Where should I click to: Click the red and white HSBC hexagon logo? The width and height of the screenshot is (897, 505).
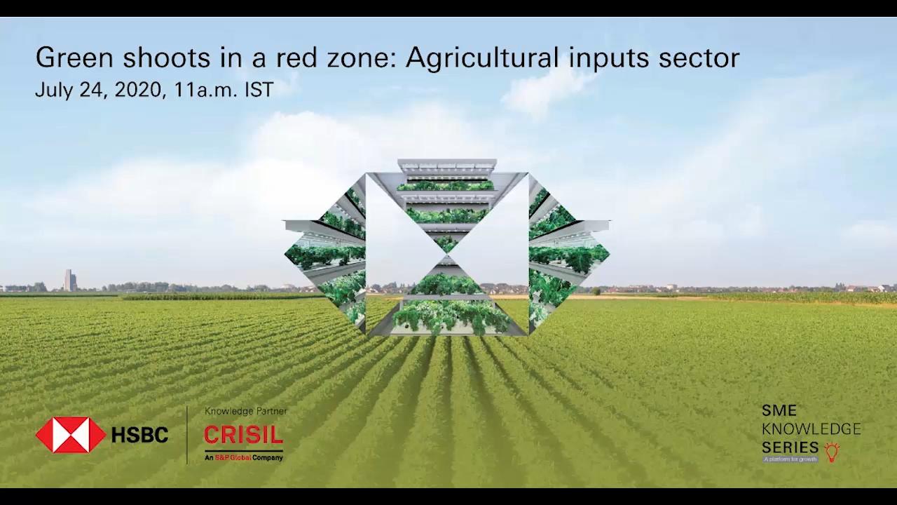coord(71,435)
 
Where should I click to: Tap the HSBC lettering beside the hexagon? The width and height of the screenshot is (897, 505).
coord(139,436)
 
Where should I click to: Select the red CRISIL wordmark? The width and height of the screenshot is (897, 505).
coord(243,436)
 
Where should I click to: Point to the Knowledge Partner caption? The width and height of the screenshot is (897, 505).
coord(245,411)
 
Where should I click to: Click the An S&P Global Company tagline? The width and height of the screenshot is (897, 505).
coord(243,457)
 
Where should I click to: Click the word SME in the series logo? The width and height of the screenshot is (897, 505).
coord(779,411)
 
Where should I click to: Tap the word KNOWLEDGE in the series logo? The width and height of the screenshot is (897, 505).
coord(811,429)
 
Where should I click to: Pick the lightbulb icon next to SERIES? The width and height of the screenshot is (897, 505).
coord(832,451)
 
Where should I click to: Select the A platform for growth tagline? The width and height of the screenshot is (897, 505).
coord(790,459)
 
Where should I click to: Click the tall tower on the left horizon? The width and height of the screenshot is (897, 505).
coord(69,280)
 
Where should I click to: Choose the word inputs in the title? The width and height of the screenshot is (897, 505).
coord(609,58)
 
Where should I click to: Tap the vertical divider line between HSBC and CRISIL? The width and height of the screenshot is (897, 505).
coord(187,435)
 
